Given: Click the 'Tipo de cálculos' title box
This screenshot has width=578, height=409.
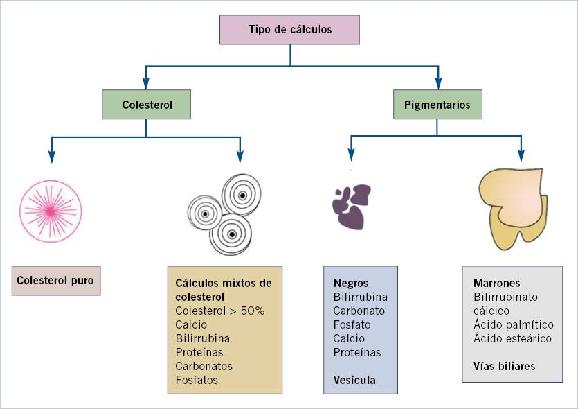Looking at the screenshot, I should tap(290, 30).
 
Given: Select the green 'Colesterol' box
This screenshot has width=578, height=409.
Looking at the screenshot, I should tap(146, 105).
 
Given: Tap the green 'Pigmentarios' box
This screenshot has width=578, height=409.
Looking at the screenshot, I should tap(437, 105).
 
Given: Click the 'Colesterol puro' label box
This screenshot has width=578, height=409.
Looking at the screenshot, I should tap(55, 281).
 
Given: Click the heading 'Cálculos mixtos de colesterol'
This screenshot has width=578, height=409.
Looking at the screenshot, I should tap(224, 290).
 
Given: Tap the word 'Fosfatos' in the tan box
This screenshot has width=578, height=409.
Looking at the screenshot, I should tap(197, 380).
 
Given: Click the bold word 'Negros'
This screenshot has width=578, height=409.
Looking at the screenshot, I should tap(351, 283).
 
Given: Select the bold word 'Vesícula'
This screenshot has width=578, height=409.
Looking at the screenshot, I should tap(354, 380).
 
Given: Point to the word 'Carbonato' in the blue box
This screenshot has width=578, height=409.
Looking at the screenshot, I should tap(359, 311).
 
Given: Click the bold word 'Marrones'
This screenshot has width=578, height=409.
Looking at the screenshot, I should tap(496, 283).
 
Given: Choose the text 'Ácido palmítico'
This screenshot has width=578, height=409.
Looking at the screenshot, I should tap(513, 324).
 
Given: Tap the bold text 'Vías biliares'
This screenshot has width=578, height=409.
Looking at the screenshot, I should tap(504, 366).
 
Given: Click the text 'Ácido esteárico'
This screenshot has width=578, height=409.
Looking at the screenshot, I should tap(512, 338).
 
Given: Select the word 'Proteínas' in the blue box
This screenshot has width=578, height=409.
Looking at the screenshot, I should tap(357, 352).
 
